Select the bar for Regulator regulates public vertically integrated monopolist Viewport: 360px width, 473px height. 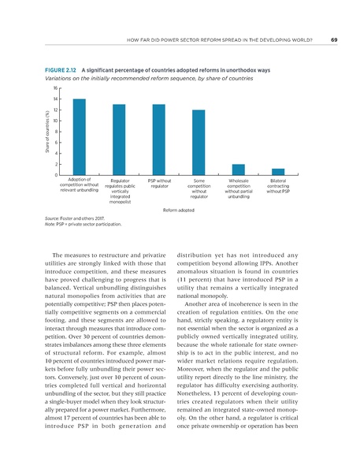(120, 140)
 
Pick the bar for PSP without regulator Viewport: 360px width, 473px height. (159, 140)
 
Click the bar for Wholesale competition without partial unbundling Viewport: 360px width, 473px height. (239, 169)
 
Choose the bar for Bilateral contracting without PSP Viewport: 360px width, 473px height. (278, 171)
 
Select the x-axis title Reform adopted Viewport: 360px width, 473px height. (179, 210)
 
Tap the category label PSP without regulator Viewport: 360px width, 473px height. (159, 184)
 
